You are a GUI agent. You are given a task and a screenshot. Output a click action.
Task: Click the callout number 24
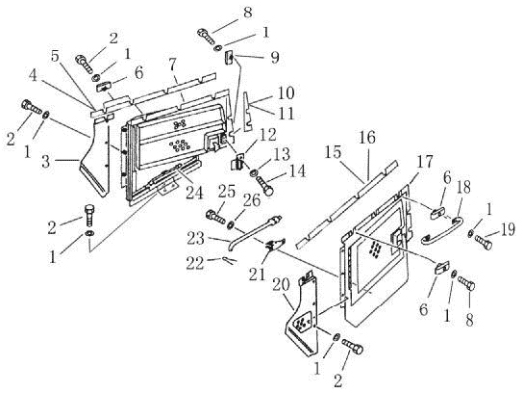coord(195,192)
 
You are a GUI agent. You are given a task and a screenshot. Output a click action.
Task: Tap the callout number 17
coord(424,163)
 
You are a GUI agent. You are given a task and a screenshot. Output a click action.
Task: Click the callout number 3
coord(46,162)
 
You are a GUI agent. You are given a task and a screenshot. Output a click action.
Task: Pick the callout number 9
coord(275,58)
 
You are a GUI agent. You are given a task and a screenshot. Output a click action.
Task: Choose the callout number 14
coord(296,171)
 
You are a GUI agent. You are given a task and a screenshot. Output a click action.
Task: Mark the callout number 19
coord(508,230)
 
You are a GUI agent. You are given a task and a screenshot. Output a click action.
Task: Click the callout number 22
coord(196,264)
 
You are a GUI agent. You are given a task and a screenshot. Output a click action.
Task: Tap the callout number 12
coord(267,136)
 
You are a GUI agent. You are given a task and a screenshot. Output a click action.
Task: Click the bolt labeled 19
coord(483,243)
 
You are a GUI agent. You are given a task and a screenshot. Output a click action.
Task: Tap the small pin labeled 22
coord(230,260)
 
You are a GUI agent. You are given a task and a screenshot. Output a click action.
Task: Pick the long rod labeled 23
coord(255,232)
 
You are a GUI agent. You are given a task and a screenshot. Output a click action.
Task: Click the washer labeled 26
coord(230,224)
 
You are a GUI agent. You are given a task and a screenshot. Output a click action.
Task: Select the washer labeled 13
coord(255,173)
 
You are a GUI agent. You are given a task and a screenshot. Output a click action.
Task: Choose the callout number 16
coord(367,137)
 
